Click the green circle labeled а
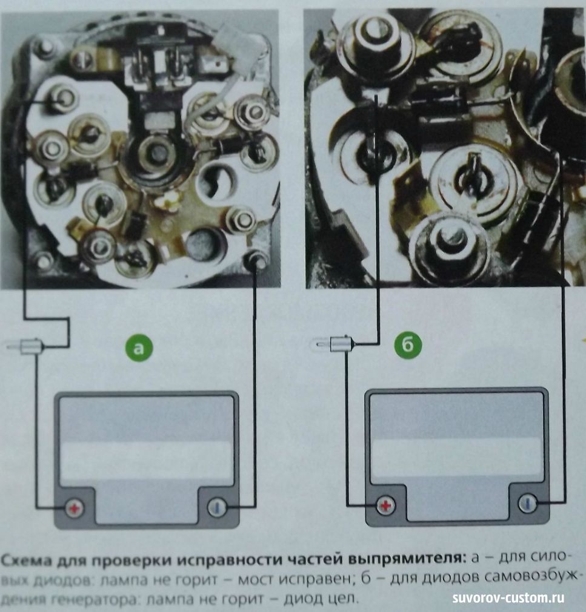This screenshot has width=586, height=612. (x=139, y=347)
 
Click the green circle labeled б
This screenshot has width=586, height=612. (x=408, y=344)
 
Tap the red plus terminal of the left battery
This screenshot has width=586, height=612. (x=75, y=508)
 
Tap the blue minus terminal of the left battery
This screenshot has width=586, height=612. (x=217, y=507)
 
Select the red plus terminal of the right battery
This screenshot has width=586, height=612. (x=386, y=505)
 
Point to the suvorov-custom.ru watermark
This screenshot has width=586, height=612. (x=508, y=598)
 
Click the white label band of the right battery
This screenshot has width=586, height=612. (x=456, y=459)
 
